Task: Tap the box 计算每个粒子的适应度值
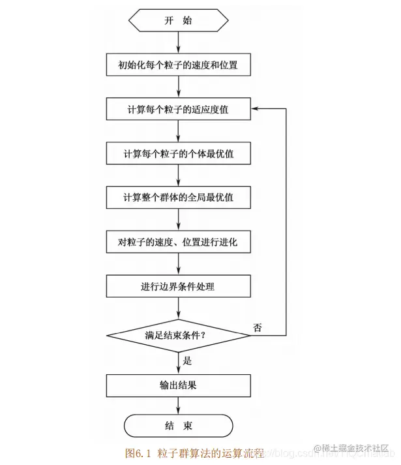178,109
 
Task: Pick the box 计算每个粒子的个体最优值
178,153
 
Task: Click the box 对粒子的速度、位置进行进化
178,242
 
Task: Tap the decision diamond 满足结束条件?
178,336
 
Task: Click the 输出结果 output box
178,385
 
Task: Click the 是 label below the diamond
187,360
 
